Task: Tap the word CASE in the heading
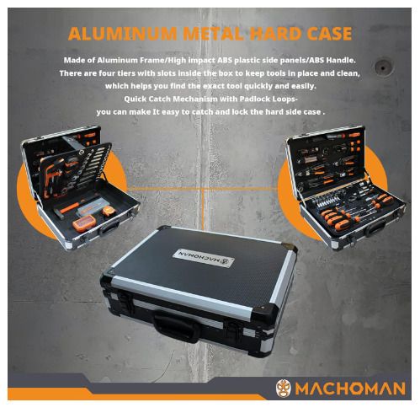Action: pyautogui.click(x=329, y=34)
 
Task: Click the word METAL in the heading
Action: pyautogui.click(x=213, y=34)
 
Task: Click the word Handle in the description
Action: pyautogui.click(x=341, y=60)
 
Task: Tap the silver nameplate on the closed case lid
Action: pyautogui.click(x=204, y=258)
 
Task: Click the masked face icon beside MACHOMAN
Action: pyautogui.click(x=284, y=389)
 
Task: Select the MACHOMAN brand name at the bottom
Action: pyautogui.click(x=350, y=389)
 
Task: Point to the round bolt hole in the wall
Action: pyautogui.click(x=382, y=67)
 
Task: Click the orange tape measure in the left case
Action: pyautogui.click(x=109, y=211)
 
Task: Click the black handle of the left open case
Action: pyautogui.click(x=109, y=228)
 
